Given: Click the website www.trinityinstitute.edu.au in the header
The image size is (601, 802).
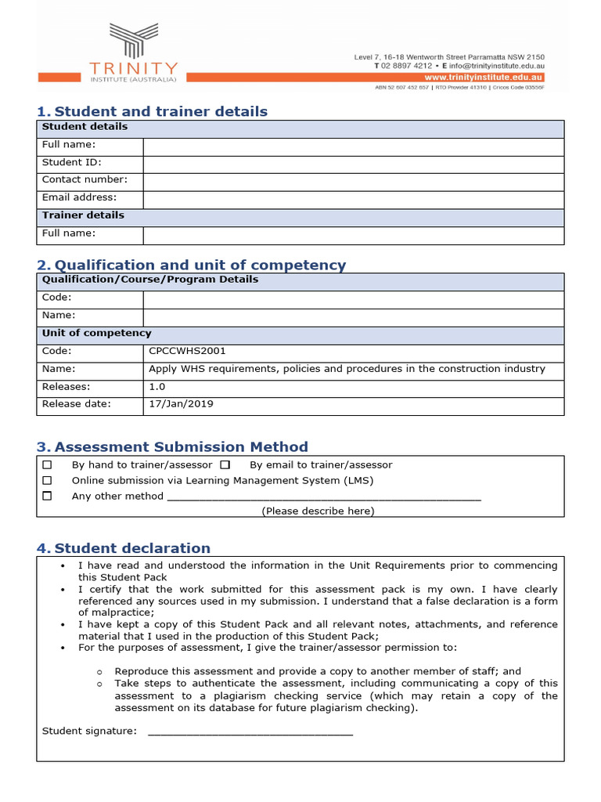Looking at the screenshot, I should point(483,78).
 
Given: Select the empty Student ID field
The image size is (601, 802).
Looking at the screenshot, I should point(353,163).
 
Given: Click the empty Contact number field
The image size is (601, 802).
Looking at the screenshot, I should point(353,181).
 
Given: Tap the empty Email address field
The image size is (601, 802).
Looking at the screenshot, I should point(353,199).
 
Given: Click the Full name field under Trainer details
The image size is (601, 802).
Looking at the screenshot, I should point(353,235).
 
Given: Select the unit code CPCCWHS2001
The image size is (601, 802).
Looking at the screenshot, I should point(187,352).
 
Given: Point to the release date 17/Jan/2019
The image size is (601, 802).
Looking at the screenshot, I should point(181,405).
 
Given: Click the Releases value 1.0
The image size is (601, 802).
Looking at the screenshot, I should point(157,387).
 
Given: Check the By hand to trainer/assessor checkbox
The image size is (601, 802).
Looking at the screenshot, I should point(48,465).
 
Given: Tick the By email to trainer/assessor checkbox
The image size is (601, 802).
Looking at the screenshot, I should point(225,465).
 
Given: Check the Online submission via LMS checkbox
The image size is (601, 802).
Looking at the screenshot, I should point(48,481).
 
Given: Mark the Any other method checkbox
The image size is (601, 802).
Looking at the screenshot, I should point(48,497).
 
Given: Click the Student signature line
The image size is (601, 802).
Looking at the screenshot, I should point(250,732).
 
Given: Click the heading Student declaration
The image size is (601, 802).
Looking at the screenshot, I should point(132,548).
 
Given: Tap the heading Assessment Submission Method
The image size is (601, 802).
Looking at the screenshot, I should point(181,447).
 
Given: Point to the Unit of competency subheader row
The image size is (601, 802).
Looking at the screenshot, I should point(96,334).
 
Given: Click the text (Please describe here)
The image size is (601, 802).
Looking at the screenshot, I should point(318,511).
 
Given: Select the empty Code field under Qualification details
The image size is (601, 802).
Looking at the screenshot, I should point(353,298).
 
